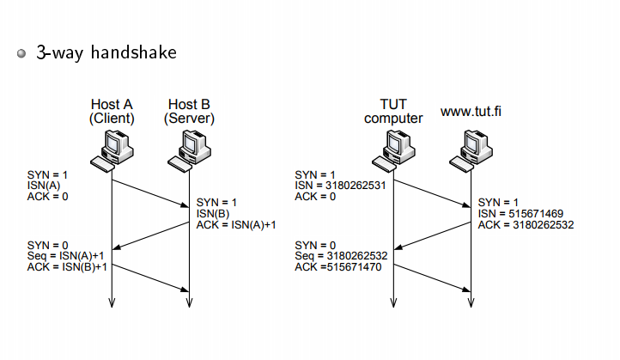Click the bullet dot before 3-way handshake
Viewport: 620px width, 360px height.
click(21, 53)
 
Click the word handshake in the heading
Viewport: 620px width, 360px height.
click(134, 52)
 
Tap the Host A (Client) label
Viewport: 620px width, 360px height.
click(112, 111)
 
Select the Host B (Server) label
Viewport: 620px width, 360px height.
click(189, 111)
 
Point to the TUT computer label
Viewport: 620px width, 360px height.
click(393, 111)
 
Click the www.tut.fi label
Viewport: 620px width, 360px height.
click(471, 111)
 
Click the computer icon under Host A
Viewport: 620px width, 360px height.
click(112, 151)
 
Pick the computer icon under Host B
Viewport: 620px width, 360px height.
click(190, 151)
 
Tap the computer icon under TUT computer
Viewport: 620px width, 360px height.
click(393, 151)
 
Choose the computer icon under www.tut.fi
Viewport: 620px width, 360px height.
click(471, 151)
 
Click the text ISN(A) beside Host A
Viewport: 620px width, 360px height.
click(44, 186)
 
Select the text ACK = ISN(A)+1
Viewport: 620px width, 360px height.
click(236, 225)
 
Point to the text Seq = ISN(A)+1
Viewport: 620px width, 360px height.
click(65, 256)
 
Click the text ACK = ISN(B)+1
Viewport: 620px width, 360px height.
click(67, 267)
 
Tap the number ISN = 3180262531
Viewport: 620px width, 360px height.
click(340, 186)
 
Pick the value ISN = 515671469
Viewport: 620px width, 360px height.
click(520, 214)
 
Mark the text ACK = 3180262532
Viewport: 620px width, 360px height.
click(526, 225)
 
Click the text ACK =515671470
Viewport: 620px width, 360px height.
click(338, 267)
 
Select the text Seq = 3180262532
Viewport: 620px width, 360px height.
click(341, 256)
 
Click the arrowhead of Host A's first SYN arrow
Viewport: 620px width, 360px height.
click(185, 205)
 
